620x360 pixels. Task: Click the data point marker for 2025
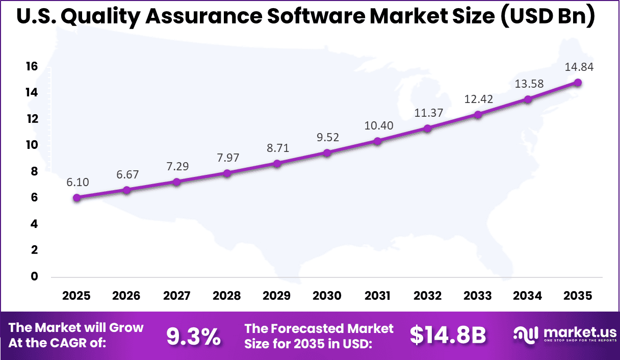[77, 198]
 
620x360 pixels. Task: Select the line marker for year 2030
[327, 152]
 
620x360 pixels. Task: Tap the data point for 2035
[578, 83]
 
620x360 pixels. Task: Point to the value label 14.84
[578, 67]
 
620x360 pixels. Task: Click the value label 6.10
[77, 182]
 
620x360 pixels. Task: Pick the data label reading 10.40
[377, 125]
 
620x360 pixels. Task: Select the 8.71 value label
[277, 148]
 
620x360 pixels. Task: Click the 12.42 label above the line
[478, 99]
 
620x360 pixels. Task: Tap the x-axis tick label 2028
[227, 296]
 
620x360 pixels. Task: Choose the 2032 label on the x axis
[427, 296]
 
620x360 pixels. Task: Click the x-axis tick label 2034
[528, 296]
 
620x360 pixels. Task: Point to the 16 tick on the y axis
[32, 67]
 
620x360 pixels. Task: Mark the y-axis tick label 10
[32, 145]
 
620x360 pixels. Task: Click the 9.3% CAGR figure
[194, 336]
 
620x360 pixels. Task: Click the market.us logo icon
[526, 335]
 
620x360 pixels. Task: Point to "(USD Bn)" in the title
[548, 17]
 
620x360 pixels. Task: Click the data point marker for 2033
[478, 115]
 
